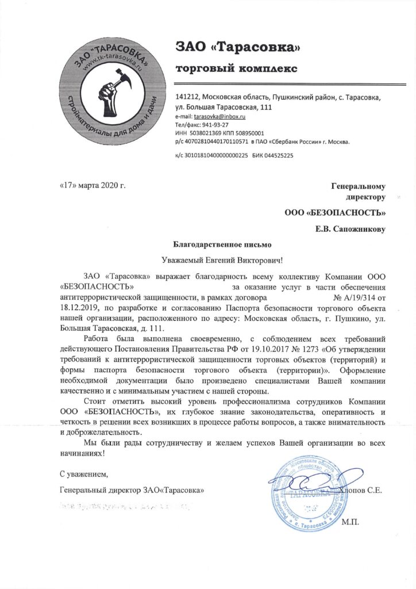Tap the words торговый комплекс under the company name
pos(236,70)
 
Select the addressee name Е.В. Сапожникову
pos(350,230)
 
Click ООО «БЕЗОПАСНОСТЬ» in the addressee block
pos(335,214)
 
